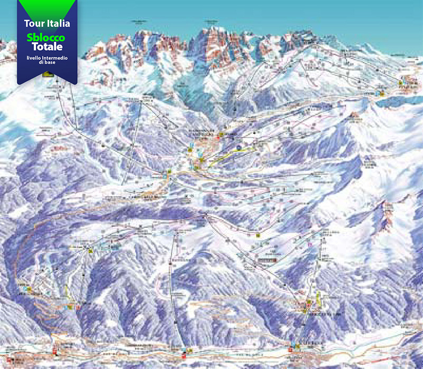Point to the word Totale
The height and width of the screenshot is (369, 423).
47,47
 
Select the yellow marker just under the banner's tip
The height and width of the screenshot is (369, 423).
48,76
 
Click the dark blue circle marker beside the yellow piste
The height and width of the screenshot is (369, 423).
239,146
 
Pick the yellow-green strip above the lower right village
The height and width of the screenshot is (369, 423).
318,300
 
